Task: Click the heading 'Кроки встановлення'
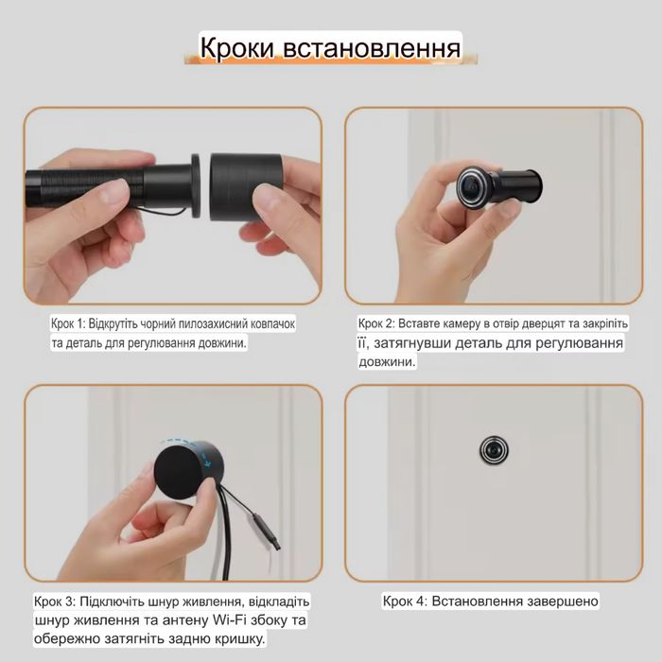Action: coord(330,47)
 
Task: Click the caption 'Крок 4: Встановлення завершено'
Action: coord(490,601)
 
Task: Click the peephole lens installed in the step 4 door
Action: coord(493,449)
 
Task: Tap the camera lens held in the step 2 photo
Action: coord(470,185)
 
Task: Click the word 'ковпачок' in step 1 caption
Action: coord(268,323)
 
